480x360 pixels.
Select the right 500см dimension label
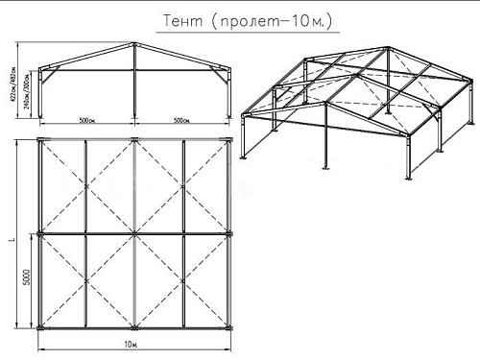(181, 121)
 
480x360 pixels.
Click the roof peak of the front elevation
(134, 45)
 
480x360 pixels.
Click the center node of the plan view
(134, 232)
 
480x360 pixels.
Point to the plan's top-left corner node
(40, 141)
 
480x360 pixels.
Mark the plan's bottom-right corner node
(230, 325)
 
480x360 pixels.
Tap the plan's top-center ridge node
(134, 141)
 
